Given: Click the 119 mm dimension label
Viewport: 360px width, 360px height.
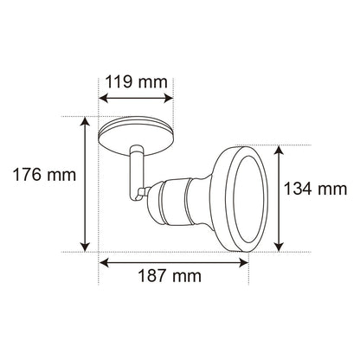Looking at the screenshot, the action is coord(136,82).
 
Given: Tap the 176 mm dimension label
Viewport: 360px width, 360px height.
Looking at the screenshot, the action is coord(45,175).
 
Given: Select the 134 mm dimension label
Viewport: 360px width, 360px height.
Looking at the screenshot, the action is coord(316,189).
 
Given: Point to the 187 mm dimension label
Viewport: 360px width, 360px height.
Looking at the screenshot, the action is coord(170,276).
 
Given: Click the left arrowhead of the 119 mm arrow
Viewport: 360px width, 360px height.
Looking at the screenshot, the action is coord(103,98).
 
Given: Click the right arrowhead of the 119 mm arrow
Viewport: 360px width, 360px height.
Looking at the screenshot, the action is coord(169,98).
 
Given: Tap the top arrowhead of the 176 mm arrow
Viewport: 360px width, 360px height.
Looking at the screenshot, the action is coord(85,121).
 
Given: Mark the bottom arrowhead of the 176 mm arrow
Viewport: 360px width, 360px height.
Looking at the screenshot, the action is coord(85,247).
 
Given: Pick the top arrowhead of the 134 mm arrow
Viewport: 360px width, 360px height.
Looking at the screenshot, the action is coord(279,151).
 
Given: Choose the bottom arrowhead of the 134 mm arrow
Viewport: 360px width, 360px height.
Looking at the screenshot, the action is coord(279,247).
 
